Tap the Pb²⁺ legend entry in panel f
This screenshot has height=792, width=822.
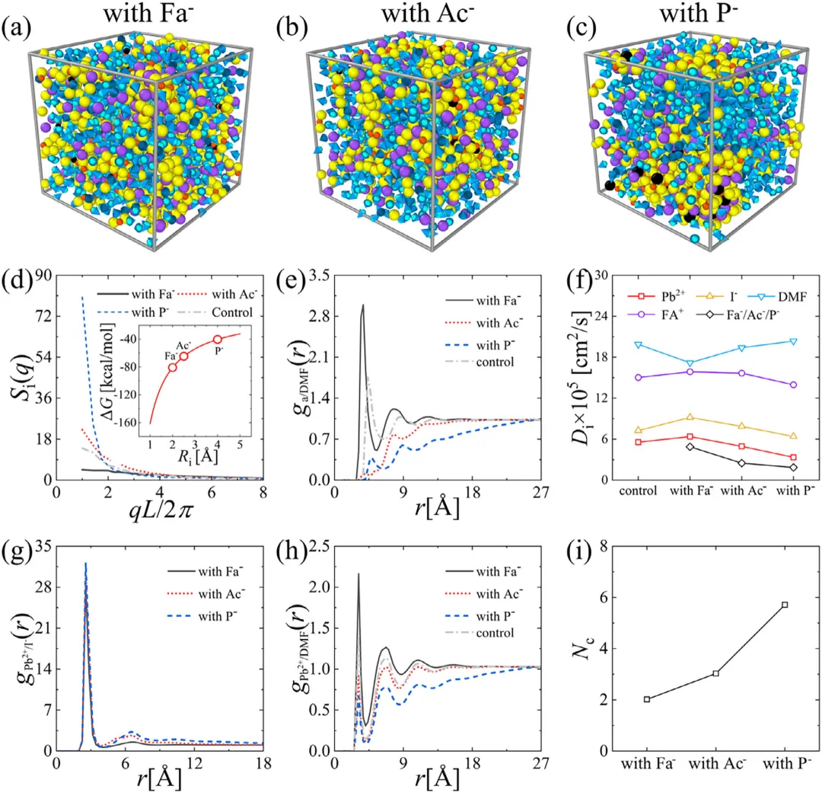pyautogui.click(x=639, y=294)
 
